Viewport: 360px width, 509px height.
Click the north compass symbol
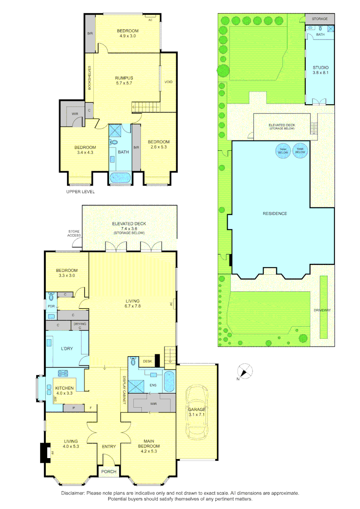click(245, 370)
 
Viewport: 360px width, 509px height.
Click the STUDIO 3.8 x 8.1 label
click(320, 70)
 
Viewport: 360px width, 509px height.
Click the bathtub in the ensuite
click(169, 381)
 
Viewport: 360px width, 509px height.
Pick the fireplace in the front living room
click(44, 452)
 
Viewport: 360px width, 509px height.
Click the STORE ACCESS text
click(74, 233)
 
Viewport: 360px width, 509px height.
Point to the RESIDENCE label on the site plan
click(275, 213)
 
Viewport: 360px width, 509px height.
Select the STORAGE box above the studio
click(320, 19)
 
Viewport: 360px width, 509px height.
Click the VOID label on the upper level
click(168, 82)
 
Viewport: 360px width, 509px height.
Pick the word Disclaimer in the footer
click(73, 493)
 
